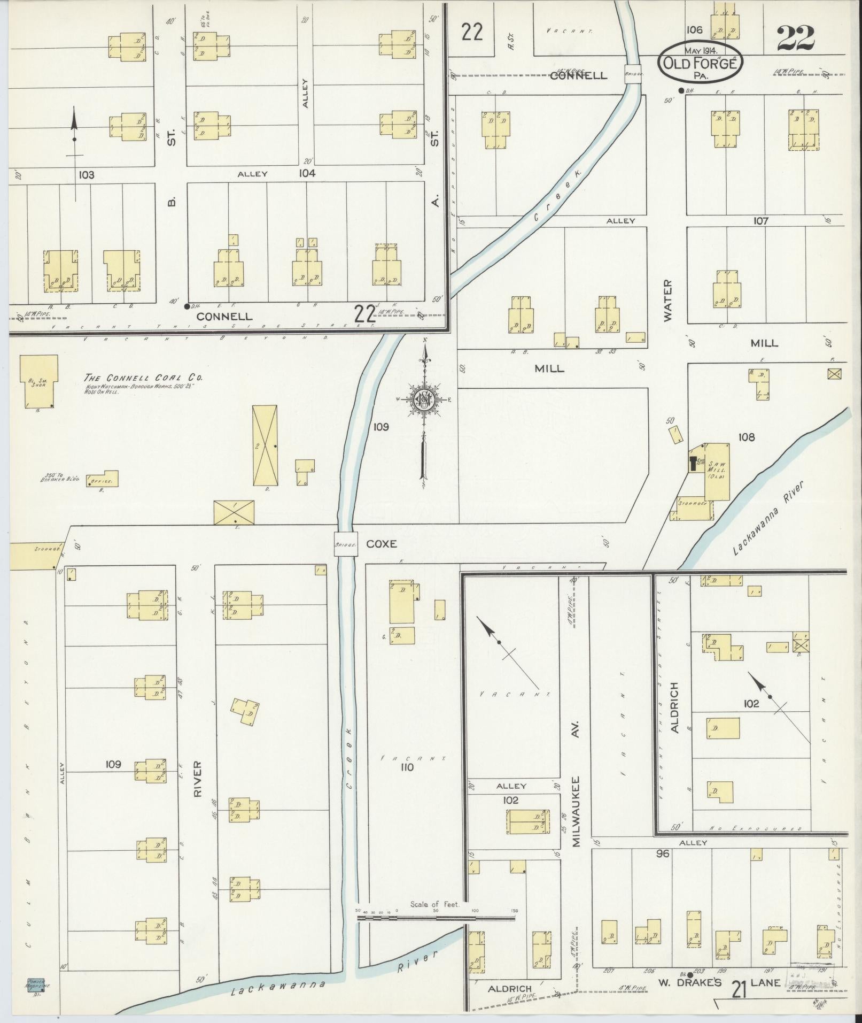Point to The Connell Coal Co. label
point(143,378)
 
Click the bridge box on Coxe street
point(346,544)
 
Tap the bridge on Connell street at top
point(633,74)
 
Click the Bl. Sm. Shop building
point(38,381)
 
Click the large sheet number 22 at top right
point(795,37)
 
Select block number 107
point(760,220)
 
